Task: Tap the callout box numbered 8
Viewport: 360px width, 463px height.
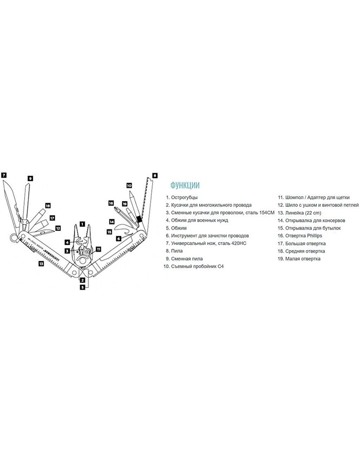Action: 155,175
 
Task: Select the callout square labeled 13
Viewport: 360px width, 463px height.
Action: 41,262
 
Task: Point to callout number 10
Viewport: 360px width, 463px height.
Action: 129,185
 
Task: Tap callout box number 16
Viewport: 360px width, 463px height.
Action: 111,203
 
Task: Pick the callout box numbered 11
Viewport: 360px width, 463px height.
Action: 99,249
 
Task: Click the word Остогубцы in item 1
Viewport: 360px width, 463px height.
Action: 184,198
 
